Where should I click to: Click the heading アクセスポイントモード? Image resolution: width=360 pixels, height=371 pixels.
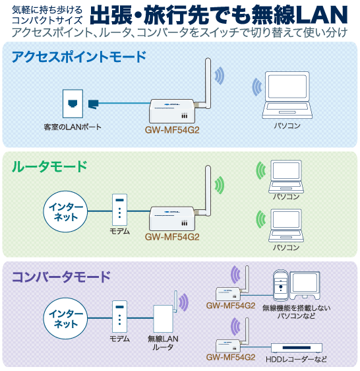(x=79, y=57)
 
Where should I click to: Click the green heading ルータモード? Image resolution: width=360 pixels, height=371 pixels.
(x=49, y=166)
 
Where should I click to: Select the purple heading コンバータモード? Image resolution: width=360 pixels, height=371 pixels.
(x=61, y=277)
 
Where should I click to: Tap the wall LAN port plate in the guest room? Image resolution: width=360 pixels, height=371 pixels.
(x=73, y=104)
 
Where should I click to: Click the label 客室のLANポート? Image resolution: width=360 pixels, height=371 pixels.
(x=73, y=127)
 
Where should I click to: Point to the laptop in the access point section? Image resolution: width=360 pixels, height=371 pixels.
(x=287, y=95)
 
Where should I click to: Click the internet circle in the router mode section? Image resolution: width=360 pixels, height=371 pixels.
(x=65, y=211)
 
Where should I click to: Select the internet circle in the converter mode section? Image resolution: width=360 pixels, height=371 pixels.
(x=65, y=318)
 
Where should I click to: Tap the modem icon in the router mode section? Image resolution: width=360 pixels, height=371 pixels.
(x=119, y=210)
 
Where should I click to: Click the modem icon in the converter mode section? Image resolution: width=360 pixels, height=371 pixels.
(x=119, y=316)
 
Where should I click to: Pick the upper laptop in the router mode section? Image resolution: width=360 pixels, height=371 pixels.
(x=286, y=176)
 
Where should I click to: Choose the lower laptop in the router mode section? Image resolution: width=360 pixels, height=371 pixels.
(x=286, y=225)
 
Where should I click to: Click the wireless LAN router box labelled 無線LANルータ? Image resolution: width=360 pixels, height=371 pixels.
(x=163, y=318)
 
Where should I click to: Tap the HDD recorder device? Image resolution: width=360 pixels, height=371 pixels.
(x=297, y=348)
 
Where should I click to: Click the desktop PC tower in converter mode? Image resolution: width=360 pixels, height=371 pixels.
(x=280, y=285)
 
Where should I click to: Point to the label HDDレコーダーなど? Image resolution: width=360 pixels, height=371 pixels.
(x=296, y=359)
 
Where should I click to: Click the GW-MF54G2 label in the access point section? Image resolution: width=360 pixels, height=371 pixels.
(x=172, y=130)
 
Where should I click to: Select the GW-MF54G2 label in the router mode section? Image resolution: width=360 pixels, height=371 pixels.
(x=172, y=237)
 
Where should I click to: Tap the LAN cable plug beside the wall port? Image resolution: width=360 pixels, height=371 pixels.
(x=93, y=104)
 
